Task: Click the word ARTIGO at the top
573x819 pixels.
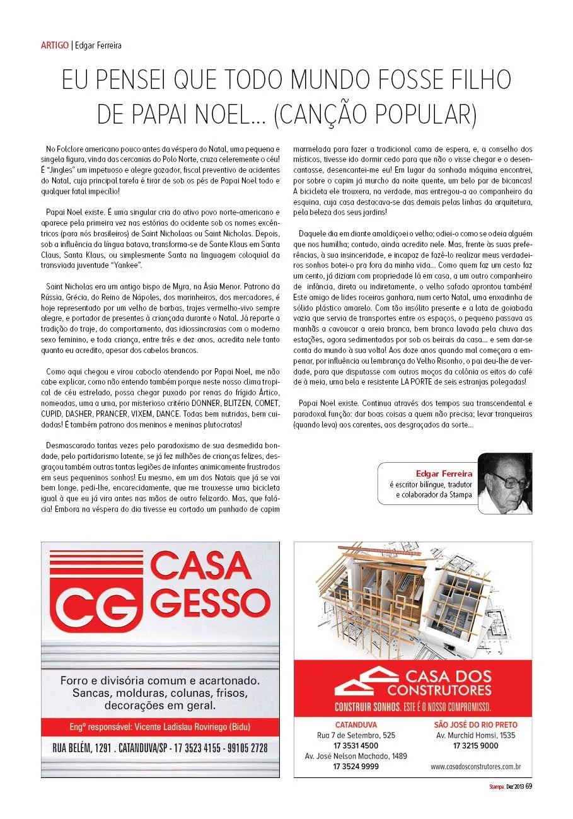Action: (54, 45)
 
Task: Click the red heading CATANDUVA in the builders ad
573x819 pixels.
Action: (356, 724)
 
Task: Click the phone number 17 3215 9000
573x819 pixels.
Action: (475, 746)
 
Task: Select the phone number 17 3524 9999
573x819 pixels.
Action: (356, 767)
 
